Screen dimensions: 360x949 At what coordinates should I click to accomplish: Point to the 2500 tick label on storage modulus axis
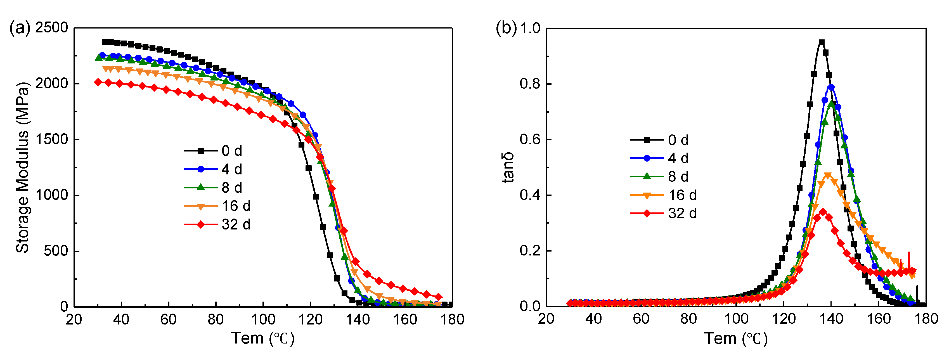click(52, 28)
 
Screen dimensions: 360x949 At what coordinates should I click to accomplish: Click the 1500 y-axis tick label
click(52, 139)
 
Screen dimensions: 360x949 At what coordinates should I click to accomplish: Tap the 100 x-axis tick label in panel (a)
click(263, 319)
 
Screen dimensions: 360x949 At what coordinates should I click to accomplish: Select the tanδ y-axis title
click(508, 168)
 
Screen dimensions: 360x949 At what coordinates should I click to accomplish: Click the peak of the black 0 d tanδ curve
click(821, 42)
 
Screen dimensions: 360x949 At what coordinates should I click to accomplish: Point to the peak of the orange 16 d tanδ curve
click(827, 176)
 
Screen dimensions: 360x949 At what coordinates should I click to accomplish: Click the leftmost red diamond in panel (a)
click(98, 82)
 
